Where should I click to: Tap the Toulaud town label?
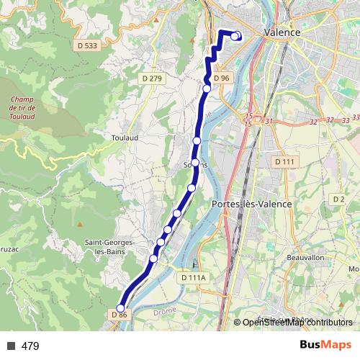pyautogui.click(x=125, y=136)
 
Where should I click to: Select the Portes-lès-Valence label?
pyautogui.click(x=252, y=204)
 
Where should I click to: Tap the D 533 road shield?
pyautogui.click(x=86, y=45)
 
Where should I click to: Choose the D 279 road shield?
pyautogui.click(x=153, y=78)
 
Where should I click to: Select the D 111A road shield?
pyautogui.click(x=193, y=277)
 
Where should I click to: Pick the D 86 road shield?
pyautogui.click(x=120, y=315)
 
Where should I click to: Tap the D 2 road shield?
pyautogui.click(x=339, y=198)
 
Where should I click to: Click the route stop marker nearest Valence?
pyautogui.click(x=236, y=37)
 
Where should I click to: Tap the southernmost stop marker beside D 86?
pyautogui.click(x=120, y=309)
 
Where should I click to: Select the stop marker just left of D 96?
pyautogui.click(x=207, y=89)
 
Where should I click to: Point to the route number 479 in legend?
pyautogui.click(x=30, y=346)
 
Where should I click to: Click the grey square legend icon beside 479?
pyautogui.click(x=11, y=346)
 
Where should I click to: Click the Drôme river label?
pyautogui.click(x=164, y=312)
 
